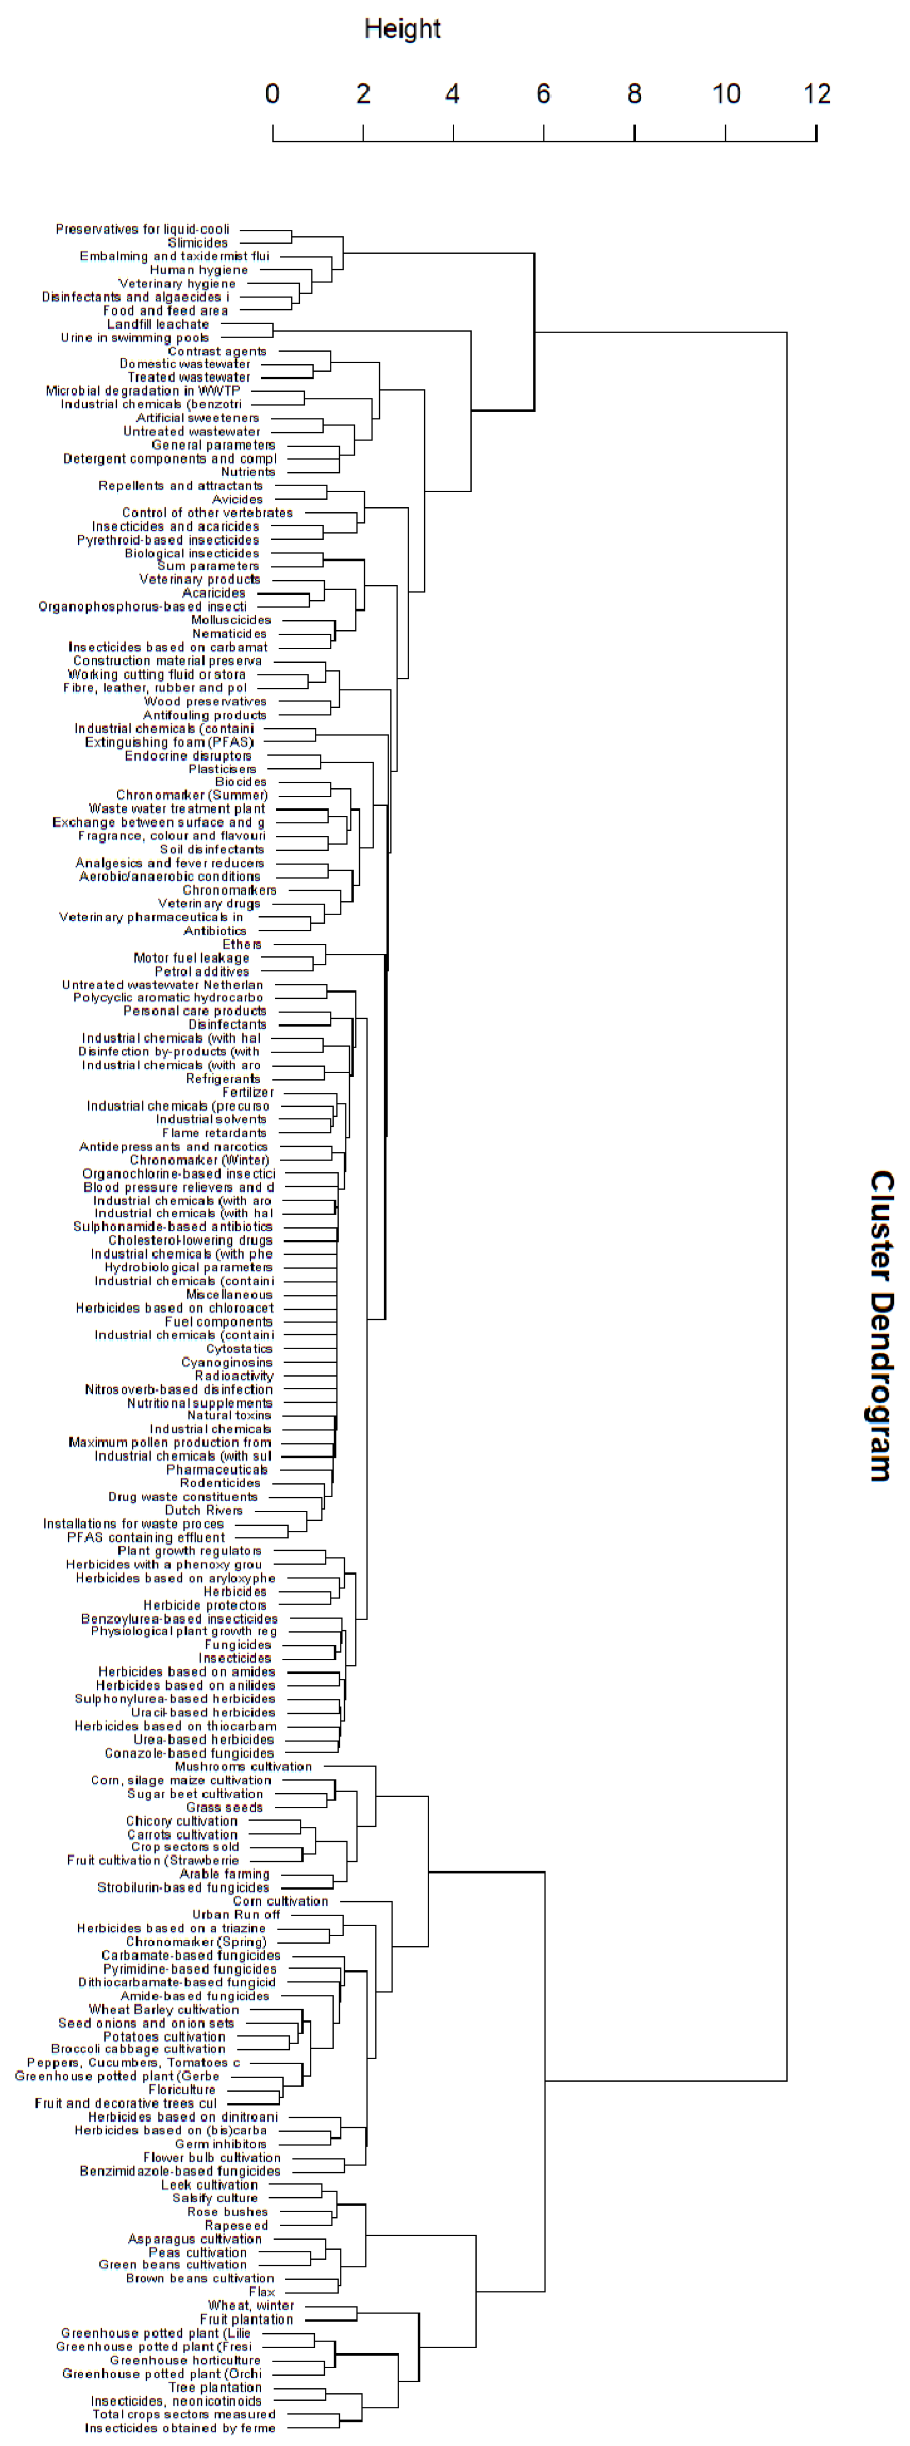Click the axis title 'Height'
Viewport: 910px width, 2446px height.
402,30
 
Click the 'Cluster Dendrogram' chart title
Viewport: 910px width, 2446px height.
881,1325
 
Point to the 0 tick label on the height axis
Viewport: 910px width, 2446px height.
272,94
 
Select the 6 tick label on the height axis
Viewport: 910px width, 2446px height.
543,94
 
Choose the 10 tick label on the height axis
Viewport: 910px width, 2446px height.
726,94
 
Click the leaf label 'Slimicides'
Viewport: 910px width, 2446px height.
198,243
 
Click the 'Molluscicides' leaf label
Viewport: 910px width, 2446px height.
232,620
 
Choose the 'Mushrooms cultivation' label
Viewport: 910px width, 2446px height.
243,1767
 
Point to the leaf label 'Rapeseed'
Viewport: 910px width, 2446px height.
236,2226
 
